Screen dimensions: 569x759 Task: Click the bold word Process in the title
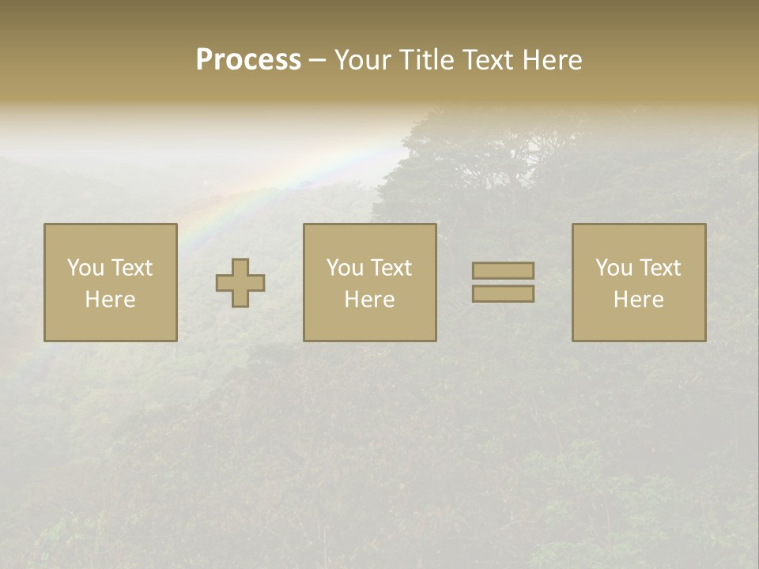(248, 60)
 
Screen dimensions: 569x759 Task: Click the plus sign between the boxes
(240, 283)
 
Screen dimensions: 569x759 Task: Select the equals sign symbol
(503, 282)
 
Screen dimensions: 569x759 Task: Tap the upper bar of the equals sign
(503, 271)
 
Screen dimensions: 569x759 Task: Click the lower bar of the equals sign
(503, 294)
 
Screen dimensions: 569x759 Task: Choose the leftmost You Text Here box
(111, 283)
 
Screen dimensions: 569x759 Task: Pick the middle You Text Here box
(370, 283)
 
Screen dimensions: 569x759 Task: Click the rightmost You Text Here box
(639, 283)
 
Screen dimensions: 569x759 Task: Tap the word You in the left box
(85, 268)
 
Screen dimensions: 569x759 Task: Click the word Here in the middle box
(370, 300)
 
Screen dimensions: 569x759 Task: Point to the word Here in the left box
(111, 300)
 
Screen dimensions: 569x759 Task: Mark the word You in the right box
(614, 268)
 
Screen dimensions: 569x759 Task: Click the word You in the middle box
(345, 268)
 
